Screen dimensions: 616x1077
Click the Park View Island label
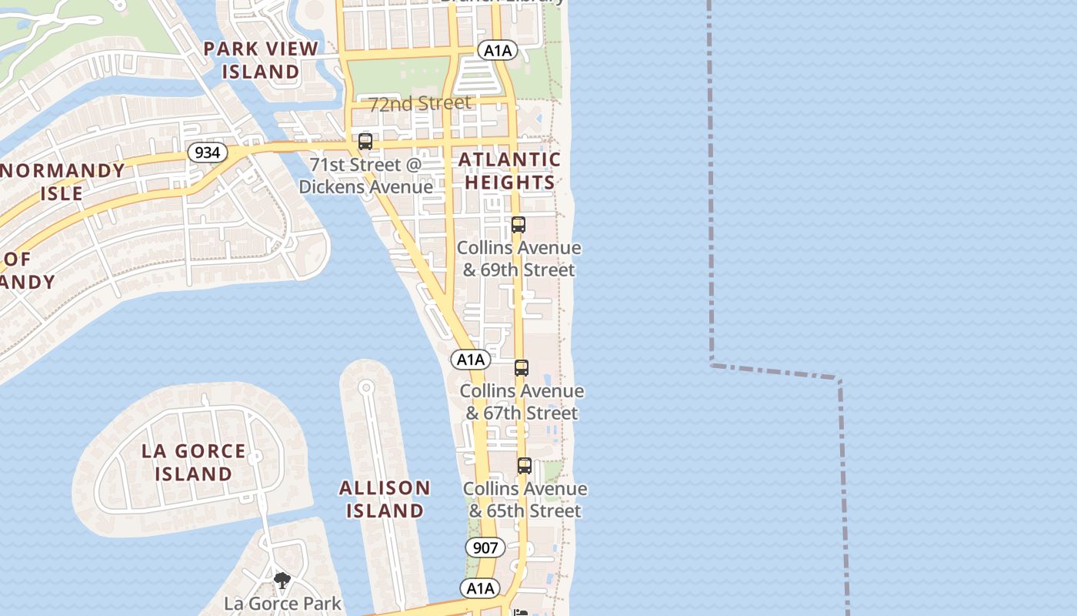click(x=261, y=60)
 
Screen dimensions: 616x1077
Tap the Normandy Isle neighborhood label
click(x=62, y=182)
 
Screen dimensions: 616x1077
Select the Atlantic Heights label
click(x=509, y=171)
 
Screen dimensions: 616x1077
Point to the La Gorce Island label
click(x=193, y=462)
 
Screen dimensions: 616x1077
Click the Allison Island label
click(x=385, y=499)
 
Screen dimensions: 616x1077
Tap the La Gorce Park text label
click(x=282, y=603)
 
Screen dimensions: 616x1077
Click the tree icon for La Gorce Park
click(x=282, y=581)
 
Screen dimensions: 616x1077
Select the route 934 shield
click(x=207, y=152)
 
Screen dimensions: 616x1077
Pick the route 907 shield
click(x=485, y=548)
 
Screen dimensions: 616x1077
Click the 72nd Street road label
click(x=420, y=104)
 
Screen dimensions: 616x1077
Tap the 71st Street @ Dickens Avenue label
click(x=366, y=176)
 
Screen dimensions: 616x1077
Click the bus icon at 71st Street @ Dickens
click(x=365, y=142)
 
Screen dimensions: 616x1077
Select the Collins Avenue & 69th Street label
click(x=518, y=259)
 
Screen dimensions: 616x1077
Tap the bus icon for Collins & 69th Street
click(x=518, y=225)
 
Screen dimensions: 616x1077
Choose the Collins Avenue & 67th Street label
click(x=522, y=402)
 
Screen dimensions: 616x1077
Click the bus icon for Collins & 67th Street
click(x=522, y=368)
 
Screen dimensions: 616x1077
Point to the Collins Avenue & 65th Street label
click(x=525, y=500)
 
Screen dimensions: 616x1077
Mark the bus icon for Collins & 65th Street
click(x=525, y=466)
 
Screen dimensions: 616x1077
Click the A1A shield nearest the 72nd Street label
click(x=497, y=51)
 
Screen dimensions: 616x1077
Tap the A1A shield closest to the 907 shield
click(x=481, y=588)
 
